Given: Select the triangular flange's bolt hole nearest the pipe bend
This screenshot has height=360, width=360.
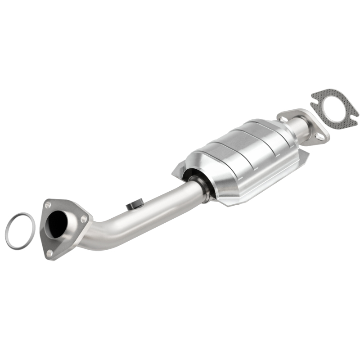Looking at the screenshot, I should coord(84,219).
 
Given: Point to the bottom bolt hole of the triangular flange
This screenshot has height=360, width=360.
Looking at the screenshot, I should coord(49,253).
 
